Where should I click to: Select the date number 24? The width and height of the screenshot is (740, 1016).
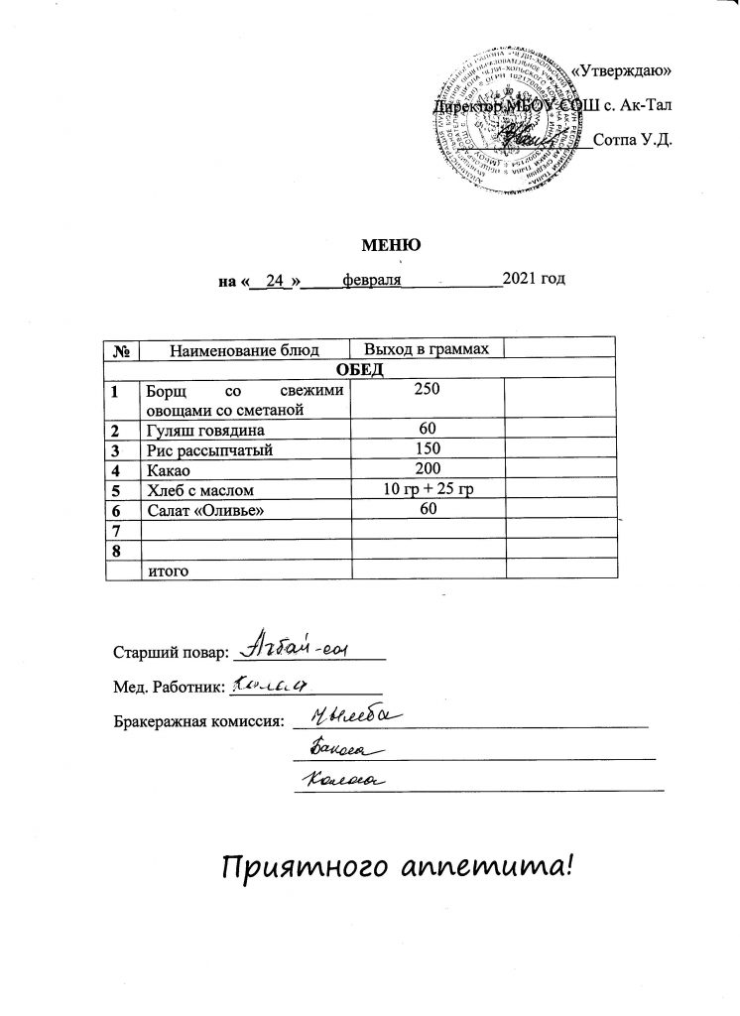click(x=277, y=281)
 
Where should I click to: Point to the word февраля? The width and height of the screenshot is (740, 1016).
click(x=370, y=281)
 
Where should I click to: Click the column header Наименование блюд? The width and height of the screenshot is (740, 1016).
click(x=245, y=349)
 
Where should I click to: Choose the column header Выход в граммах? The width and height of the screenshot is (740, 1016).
click(x=427, y=349)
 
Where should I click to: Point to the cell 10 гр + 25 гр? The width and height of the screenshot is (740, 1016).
click(x=429, y=489)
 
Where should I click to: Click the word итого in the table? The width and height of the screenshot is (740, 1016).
click(x=167, y=571)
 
